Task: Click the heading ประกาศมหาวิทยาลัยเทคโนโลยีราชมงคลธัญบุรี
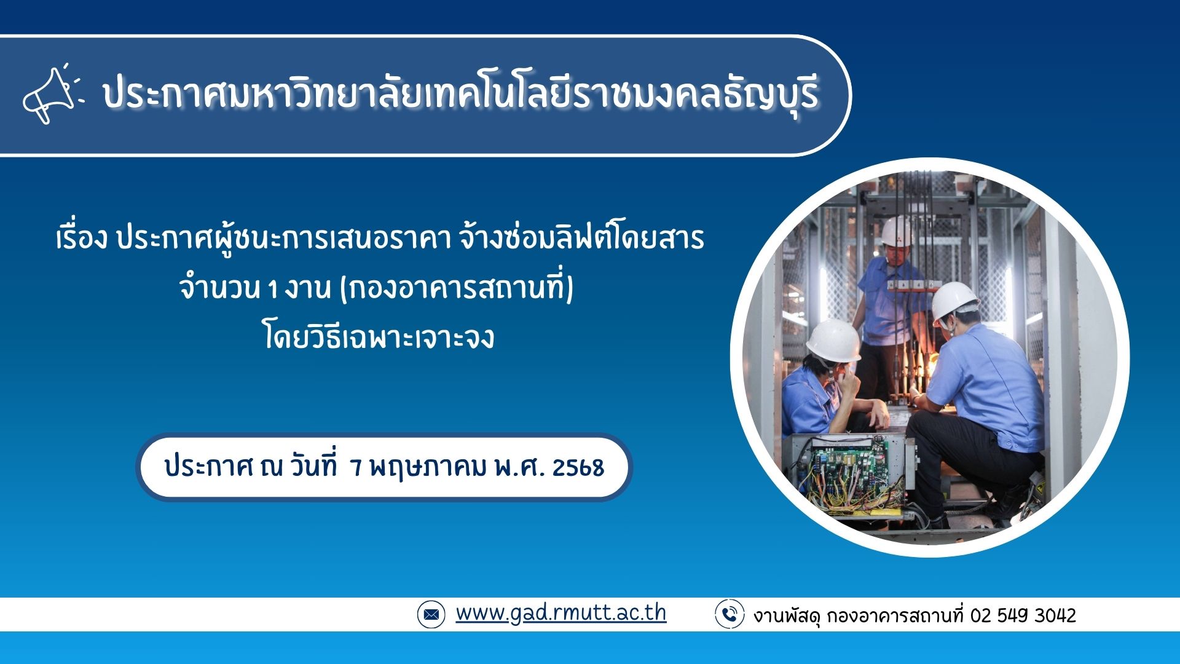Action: (461, 95)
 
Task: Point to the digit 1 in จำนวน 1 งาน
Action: (272, 289)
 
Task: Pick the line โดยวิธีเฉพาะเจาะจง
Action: (379, 336)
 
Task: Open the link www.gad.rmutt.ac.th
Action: (560, 613)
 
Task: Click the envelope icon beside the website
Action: (431, 614)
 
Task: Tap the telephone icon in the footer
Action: (730, 614)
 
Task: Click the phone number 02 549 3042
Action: (1023, 615)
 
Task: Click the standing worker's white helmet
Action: (897, 231)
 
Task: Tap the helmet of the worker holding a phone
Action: (833, 339)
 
